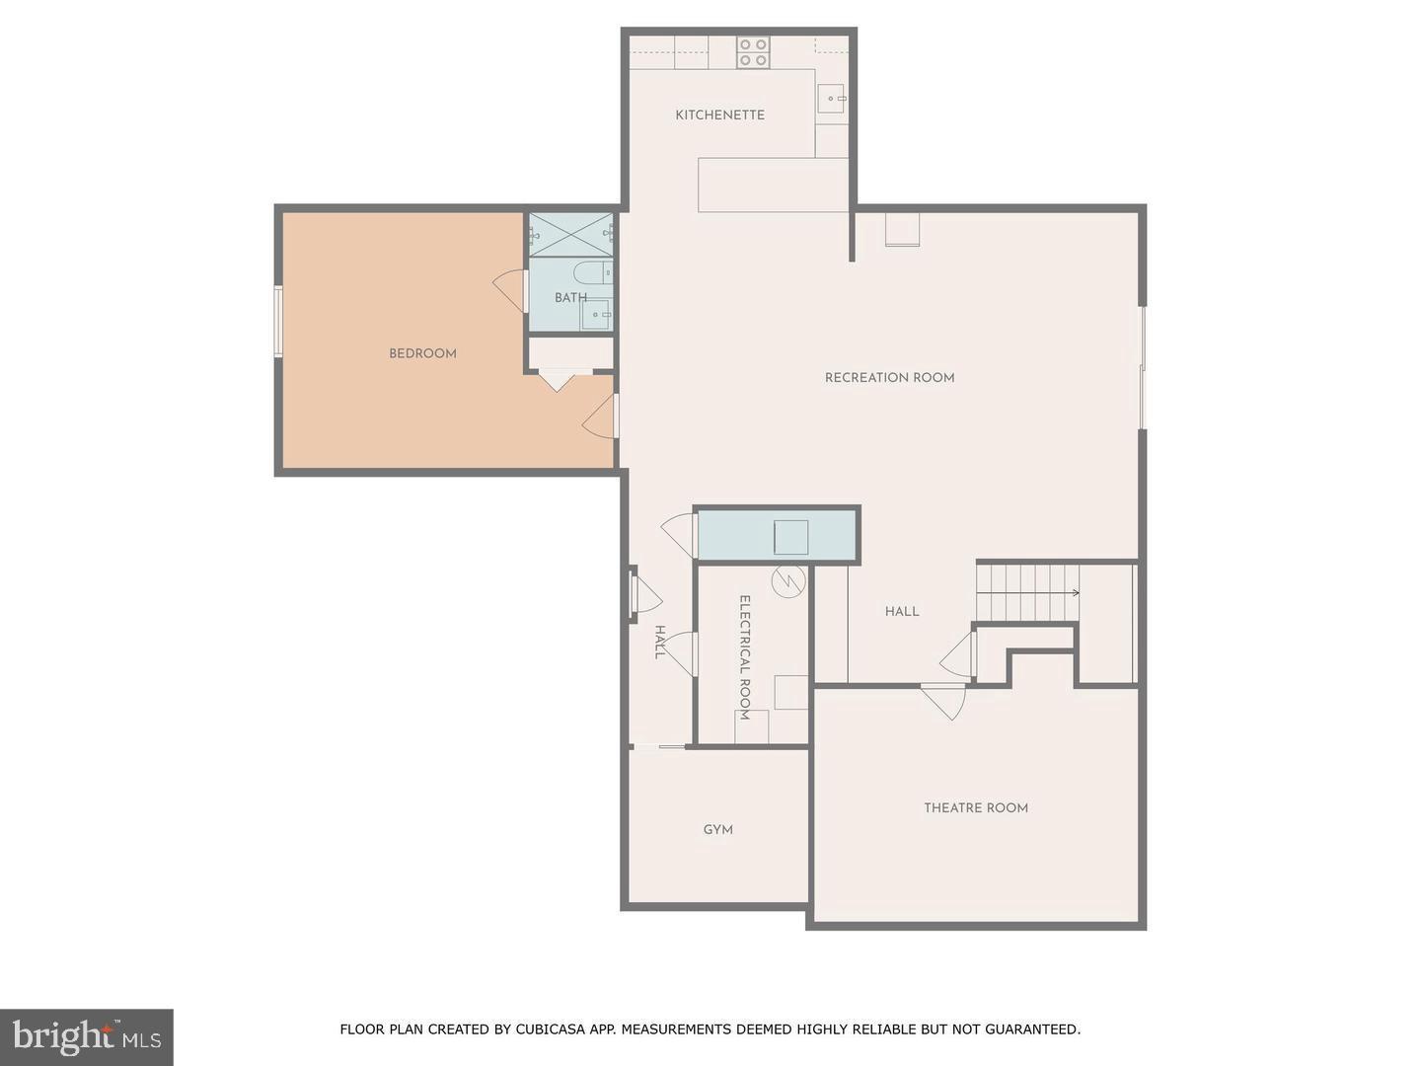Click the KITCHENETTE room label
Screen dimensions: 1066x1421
pos(719,115)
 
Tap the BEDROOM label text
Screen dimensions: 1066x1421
pos(422,353)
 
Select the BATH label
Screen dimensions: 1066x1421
pos(570,297)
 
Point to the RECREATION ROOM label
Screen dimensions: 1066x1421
pos(889,377)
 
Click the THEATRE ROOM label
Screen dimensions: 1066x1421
pos(975,807)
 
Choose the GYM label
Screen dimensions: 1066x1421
pos(717,830)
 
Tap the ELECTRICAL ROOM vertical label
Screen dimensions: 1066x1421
pos(745,657)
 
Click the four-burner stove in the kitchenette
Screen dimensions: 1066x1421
pos(753,52)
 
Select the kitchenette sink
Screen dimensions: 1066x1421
pos(831,99)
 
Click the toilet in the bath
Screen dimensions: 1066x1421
pos(592,271)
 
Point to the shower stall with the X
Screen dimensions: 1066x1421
pos(570,234)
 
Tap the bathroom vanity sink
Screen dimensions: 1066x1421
pos(596,315)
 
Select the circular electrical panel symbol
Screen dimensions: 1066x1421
pos(788,581)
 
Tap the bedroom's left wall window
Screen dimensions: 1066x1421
pos(279,321)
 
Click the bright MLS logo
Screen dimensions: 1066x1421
pos(87,1036)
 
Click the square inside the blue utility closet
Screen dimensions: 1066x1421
pos(790,537)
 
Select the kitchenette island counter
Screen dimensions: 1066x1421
pos(773,185)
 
